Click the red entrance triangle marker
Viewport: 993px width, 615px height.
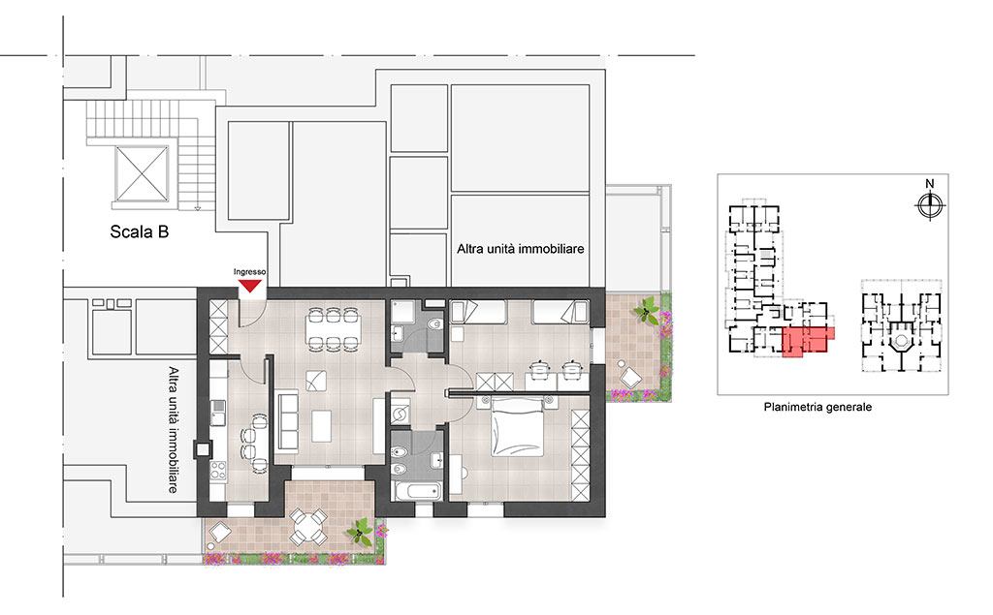pos(250,286)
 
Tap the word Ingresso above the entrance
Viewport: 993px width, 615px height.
pos(249,272)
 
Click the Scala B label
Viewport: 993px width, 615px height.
pos(140,231)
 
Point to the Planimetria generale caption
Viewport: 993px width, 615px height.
pos(817,408)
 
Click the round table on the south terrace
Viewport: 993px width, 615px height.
pos(308,527)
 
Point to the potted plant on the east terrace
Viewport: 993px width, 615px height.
pos(647,311)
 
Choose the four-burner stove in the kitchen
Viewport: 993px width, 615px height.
pos(218,470)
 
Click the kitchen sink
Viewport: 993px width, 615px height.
pos(218,413)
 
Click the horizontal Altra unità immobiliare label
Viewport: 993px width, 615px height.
pos(520,249)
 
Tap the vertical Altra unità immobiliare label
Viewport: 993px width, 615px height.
pos(173,430)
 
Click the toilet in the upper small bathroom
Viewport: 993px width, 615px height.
pos(434,325)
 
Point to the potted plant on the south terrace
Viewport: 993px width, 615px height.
pos(361,531)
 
